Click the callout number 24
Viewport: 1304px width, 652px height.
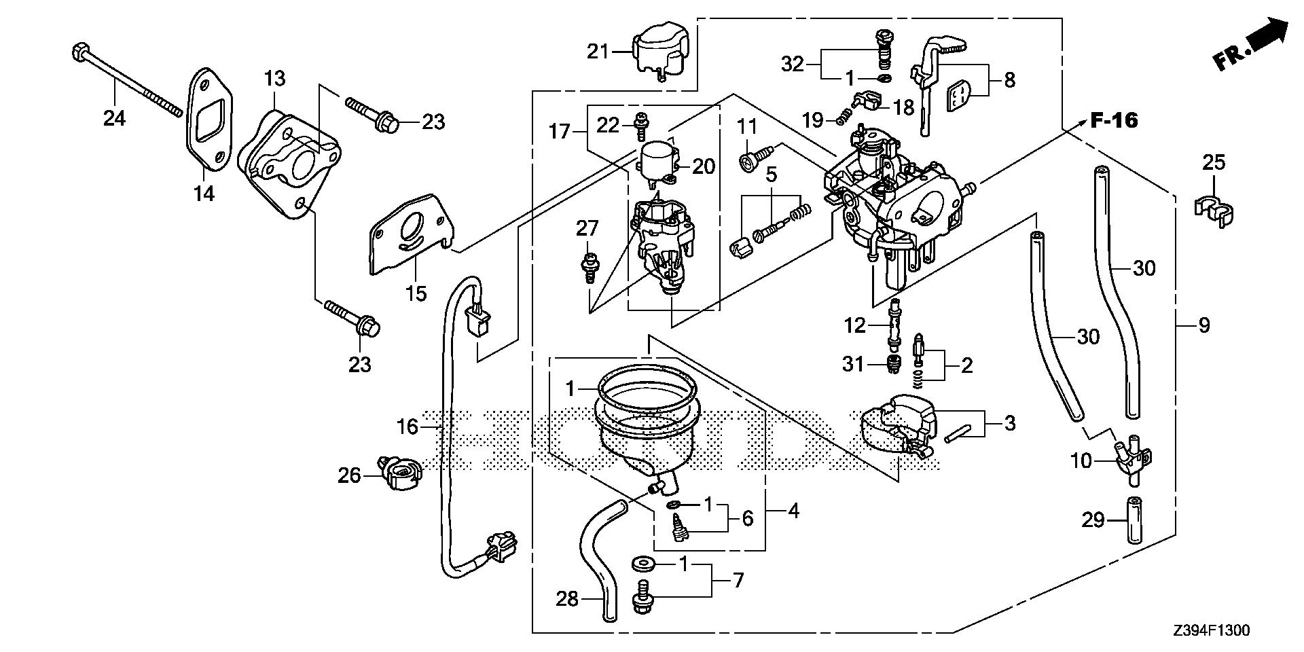click(x=114, y=118)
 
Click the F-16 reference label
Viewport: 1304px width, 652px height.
click(x=1114, y=122)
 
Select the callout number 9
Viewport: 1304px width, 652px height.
click(x=1203, y=325)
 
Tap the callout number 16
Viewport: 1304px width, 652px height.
click(x=407, y=427)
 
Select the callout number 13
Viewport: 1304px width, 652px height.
click(x=274, y=79)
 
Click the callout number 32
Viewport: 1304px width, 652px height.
click(x=793, y=64)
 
